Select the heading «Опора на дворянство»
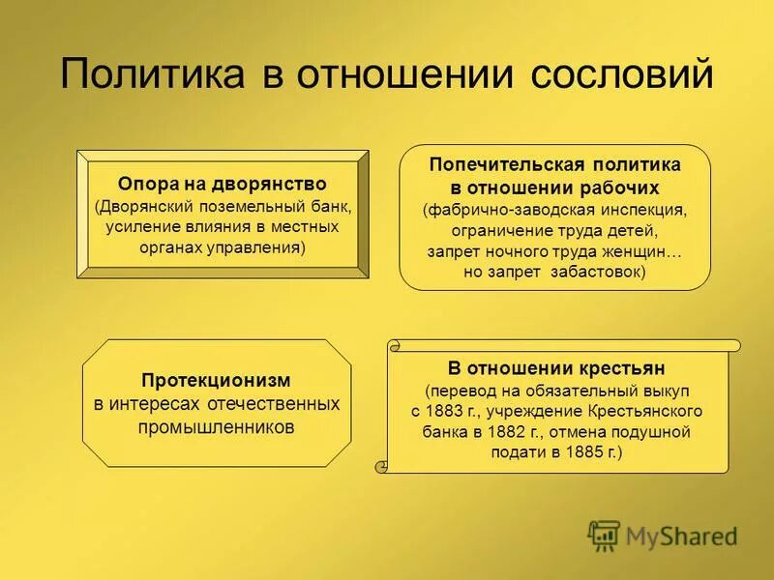click(x=223, y=184)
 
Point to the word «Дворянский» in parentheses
click(x=141, y=206)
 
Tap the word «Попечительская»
click(x=499, y=164)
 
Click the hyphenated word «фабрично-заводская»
click(x=502, y=209)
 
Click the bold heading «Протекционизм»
click(x=217, y=381)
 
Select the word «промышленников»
click(x=217, y=425)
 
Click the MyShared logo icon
click(x=605, y=535)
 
